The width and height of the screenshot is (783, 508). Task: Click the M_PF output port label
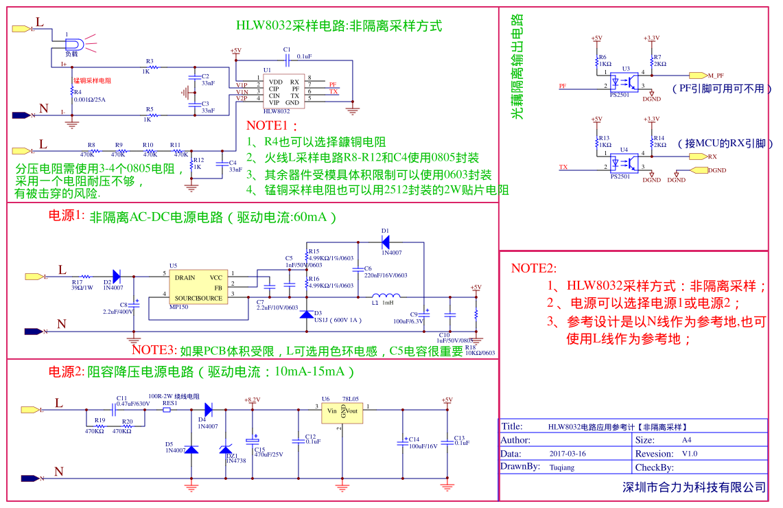715,75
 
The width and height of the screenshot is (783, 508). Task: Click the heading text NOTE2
533,268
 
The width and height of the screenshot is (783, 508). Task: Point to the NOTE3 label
154,350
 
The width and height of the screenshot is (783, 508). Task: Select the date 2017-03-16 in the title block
568,454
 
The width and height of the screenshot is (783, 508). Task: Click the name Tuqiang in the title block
562,467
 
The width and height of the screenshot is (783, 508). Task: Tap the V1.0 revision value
689,454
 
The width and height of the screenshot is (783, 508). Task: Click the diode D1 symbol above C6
385,241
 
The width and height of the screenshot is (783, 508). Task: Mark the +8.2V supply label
252,400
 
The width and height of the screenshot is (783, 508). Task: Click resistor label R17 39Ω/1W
82,284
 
